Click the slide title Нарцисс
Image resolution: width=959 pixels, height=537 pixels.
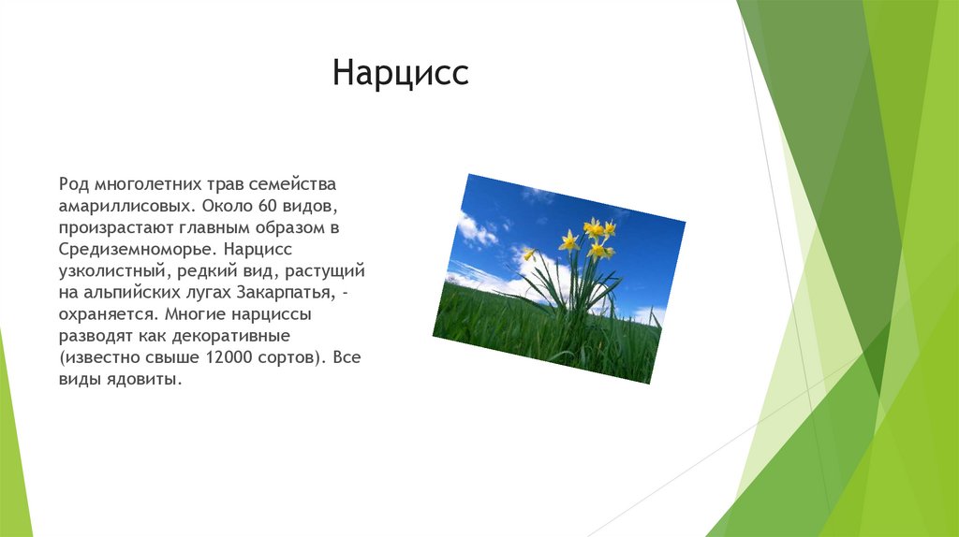pyautogui.click(x=401, y=73)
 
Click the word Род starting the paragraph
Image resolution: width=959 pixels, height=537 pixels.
pyautogui.click(x=73, y=184)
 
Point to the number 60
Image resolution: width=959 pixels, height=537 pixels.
pyautogui.click(x=268, y=206)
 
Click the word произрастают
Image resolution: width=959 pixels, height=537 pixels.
pyautogui.click(x=116, y=228)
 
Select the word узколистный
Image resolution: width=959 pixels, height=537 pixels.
pyautogui.click(x=112, y=271)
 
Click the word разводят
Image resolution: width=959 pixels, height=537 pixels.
pyautogui.click(x=96, y=336)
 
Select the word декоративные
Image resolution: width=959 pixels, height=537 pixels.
pyautogui.click(x=230, y=336)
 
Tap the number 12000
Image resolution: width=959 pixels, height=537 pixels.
pyautogui.click(x=229, y=357)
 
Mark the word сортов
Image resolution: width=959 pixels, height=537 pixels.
pyautogui.click(x=288, y=358)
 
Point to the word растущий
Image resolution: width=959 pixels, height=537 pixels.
pyautogui.click(x=325, y=271)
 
